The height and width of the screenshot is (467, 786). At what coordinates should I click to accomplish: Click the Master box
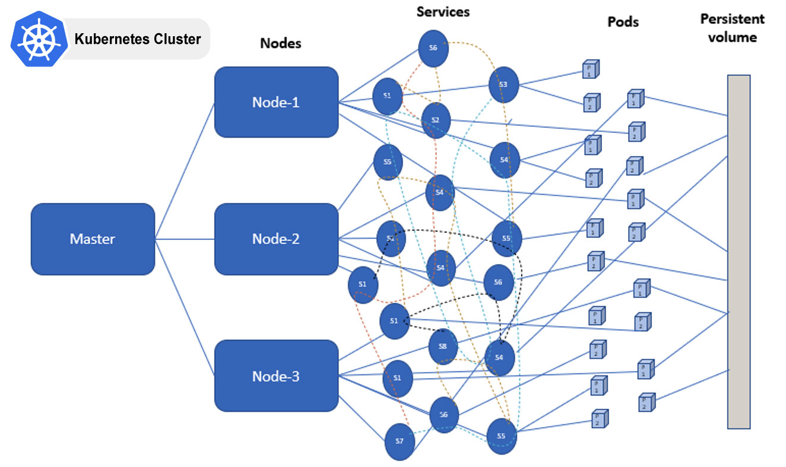click(93, 239)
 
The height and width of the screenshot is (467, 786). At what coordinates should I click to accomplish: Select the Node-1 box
click(276, 102)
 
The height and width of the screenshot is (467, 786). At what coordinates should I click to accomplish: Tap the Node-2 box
click(276, 239)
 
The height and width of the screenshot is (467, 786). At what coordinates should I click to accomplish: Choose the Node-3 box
click(276, 376)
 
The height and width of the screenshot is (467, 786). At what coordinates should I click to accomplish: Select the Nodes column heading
click(281, 43)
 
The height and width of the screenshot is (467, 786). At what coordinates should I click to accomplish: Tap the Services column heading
click(443, 11)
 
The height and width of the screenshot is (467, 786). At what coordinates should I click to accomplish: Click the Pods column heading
click(623, 22)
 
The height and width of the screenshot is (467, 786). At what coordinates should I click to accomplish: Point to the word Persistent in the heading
click(732, 19)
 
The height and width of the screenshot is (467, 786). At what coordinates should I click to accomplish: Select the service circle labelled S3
click(503, 84)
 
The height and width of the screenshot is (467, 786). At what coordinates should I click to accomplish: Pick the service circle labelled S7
click(400, 441)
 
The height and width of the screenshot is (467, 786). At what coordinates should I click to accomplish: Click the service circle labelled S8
click(443, 347)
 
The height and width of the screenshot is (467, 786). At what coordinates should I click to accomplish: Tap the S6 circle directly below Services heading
click(433, 48)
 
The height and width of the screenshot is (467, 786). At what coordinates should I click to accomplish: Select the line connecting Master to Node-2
click(185, 239)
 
